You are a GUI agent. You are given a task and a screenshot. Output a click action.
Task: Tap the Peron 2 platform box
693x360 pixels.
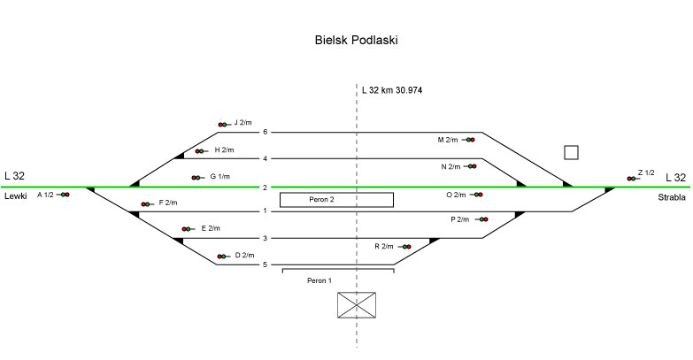[336, 200]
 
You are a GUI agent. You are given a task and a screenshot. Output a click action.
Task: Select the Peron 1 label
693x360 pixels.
[319, 280]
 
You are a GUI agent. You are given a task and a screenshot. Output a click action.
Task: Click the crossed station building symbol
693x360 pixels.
[358, 305]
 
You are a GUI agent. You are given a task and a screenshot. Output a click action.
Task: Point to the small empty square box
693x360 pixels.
[571, 152]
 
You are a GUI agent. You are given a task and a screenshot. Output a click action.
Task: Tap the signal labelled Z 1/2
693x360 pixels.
[631, 179]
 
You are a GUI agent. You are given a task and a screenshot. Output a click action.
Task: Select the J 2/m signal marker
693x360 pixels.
[223, 125]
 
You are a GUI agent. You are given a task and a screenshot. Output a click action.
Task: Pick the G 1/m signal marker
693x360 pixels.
[196, 178]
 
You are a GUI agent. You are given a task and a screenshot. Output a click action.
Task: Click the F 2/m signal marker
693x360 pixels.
[146, 204]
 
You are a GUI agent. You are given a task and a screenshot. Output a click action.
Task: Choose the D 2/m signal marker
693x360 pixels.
[222, 257]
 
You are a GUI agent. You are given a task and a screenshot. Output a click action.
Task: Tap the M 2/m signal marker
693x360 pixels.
[470, 140]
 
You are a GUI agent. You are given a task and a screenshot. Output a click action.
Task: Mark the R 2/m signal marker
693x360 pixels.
[405, 247]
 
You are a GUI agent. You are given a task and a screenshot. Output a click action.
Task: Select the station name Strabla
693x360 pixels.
[672, 197]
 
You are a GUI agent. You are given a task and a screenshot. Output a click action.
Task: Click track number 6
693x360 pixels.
[265, 132]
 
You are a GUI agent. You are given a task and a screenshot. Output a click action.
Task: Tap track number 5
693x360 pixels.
[265, 264]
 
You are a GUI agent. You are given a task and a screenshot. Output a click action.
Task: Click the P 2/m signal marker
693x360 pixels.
[481, 219]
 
